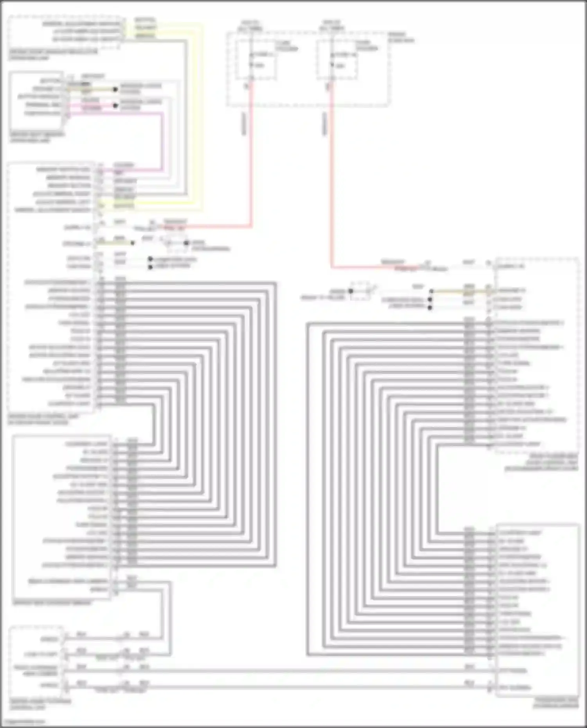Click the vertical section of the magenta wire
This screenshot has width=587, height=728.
pos(162,141)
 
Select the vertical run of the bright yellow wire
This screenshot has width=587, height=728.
pos(202,117)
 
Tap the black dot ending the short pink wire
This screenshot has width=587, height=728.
pos(115,106)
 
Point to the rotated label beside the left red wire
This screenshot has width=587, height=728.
pos(244,124)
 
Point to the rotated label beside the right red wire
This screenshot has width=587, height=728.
pos(324,124)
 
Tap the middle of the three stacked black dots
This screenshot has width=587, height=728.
pos(430,300)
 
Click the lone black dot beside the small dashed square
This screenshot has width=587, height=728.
pos(351,291)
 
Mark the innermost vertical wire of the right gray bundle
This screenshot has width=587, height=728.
pos(437,489)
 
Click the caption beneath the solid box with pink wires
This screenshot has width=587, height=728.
pos(37,137)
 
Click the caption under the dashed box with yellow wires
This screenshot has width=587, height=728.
pos(53,55)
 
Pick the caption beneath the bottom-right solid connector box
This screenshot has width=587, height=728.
pos(556,703)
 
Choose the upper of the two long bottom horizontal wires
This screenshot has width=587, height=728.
pos(274,671)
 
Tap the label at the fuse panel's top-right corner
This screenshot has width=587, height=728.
pos(401,37)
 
